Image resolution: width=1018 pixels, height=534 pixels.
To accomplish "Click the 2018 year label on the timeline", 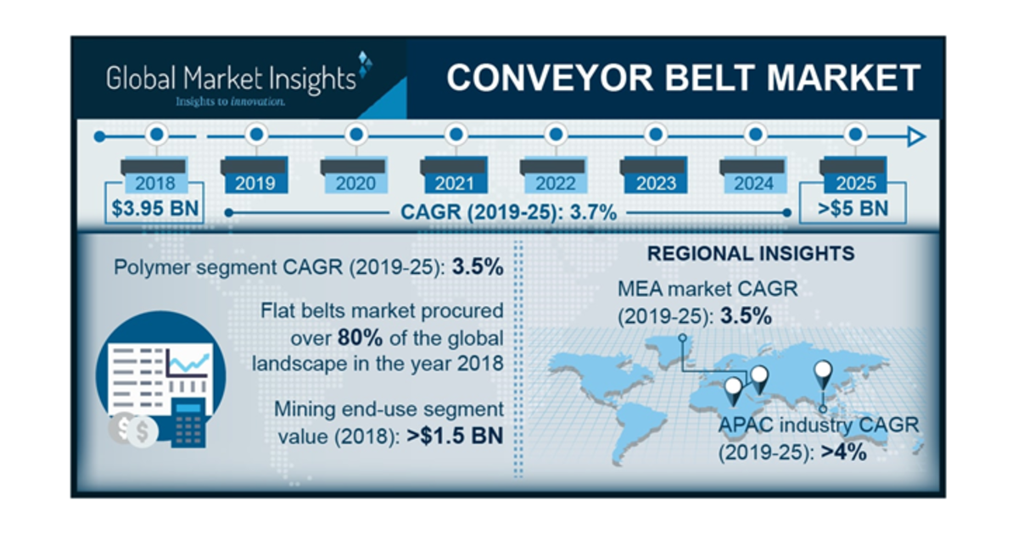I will tap(155, 182).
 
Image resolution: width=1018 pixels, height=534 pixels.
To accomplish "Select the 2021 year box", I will tap(456, 182).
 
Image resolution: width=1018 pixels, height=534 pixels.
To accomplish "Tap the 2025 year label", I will tap(856, 182).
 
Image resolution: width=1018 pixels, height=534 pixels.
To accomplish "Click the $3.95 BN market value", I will tap(155, 209).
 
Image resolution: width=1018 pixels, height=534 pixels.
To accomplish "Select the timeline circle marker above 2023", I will tap(656, 135).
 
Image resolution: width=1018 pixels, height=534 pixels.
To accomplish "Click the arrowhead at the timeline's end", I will tap(915, 136).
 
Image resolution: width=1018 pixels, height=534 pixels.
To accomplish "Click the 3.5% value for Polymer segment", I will tap(476, 267).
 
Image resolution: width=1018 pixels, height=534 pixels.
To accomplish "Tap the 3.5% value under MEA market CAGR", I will tap(746, 317).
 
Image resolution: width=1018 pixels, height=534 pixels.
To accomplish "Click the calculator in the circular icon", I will tap(189, 421).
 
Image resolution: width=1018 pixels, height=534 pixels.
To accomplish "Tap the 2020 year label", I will tap(355, 182).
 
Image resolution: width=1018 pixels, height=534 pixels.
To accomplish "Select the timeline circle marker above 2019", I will tap(256, 135).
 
